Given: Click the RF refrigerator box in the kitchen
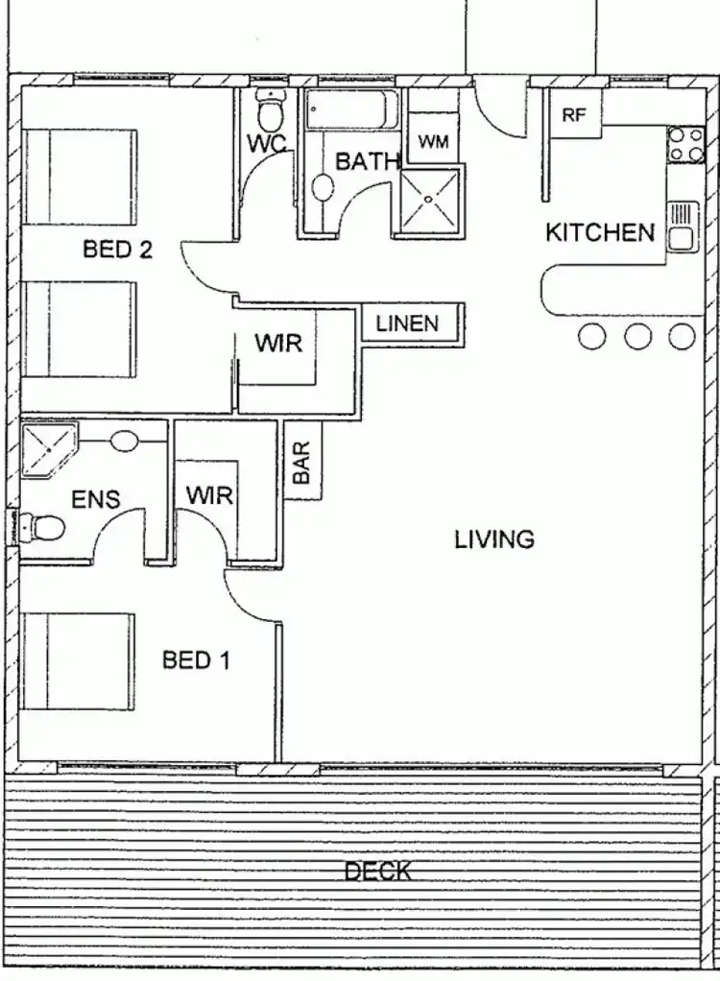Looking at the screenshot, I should (x=574, y=115).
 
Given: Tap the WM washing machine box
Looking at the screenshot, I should (x=433, y=142).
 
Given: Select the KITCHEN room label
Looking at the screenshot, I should (x=600, y=232).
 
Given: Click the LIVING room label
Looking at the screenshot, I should (x=494, y=539).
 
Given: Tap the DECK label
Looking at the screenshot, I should (x=378, y=872).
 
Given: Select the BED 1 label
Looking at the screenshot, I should (x=196, y=660).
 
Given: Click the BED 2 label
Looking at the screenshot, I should (x=117, y=251).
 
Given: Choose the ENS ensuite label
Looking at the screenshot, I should (x=96, y=500).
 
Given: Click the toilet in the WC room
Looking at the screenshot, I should (x=272, y=111).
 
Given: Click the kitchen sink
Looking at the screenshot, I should (x=683, y=227).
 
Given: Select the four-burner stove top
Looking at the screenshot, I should (x=686, y=145).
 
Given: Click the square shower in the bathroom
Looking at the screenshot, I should (x=429, y=201).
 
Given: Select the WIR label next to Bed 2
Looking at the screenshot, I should (x=278, y=343).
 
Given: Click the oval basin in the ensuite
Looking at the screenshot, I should (x=125, y=443).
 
